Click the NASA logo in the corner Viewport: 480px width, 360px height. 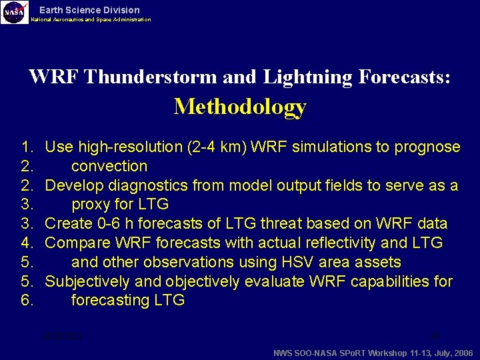pos(15,12)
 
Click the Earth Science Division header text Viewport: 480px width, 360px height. pos(89,10)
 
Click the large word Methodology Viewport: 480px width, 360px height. pos(240,107)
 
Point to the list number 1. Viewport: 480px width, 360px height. pos(27,147)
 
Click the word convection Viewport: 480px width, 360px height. pos(109,166)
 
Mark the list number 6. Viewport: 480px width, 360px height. pos(27,301)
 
